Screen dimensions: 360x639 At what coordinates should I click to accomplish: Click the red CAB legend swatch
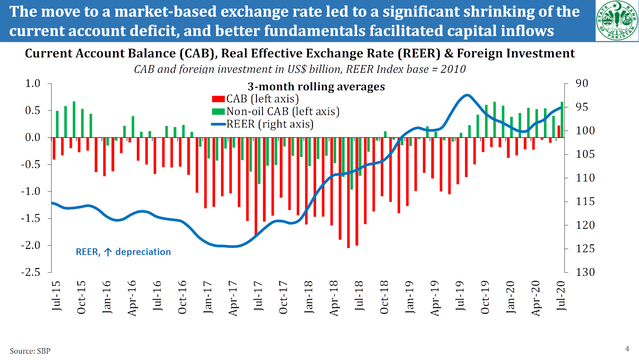click(218, 99)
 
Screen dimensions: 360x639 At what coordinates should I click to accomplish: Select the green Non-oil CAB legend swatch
click(218, 111)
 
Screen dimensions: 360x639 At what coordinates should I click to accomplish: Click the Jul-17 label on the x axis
click(258, 296)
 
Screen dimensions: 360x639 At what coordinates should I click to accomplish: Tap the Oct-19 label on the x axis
click(485, 296)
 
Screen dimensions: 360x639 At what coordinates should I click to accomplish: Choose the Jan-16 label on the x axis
click(106, 296)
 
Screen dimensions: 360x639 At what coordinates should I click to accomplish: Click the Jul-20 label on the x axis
click(561, 296)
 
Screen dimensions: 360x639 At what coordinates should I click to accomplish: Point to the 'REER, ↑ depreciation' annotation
click(123, 252)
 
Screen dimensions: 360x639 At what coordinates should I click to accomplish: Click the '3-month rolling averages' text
click(316, 86)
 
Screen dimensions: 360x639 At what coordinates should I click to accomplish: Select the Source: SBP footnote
click(30, 350)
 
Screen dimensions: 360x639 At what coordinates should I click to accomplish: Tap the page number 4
click(627, 349)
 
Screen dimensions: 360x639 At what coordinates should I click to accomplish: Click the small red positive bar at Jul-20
click(559, 132)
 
